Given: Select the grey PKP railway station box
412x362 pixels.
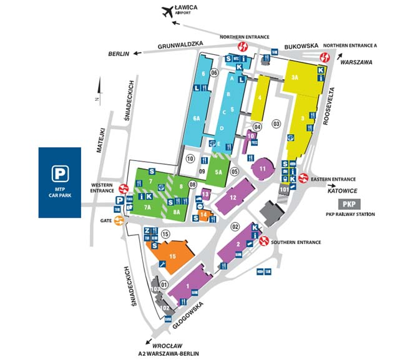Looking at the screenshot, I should (350, 203).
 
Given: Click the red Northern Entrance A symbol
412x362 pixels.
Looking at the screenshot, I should (324, 57).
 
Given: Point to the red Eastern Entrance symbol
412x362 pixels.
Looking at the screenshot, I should (303, 178).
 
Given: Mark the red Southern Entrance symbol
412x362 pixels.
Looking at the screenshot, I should (264, 240).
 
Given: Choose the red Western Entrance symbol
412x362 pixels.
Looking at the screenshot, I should (124, 187).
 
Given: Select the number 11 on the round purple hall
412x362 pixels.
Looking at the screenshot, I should (263, 169).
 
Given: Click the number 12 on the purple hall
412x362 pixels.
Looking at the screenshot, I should (232, 198).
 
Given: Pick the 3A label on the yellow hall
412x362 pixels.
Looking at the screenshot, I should (295, 77).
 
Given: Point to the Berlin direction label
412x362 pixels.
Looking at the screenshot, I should (118, 54).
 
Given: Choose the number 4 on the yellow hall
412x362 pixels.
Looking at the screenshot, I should (259, 97).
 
